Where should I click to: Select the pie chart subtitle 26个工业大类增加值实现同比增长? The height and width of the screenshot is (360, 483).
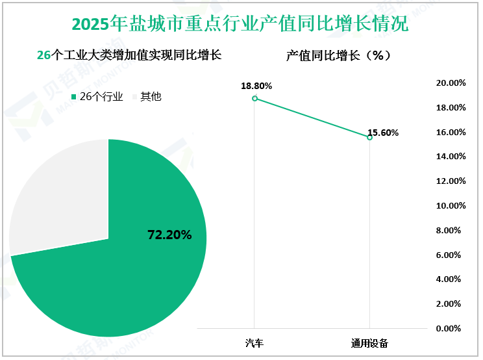coord(130,56)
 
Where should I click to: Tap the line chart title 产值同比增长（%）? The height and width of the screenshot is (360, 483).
coord(338,56)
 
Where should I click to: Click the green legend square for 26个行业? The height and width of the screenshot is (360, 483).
coord(73,97)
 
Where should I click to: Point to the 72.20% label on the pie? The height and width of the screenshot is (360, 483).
coord(170,235)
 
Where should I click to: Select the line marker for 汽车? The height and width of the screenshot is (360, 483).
coord(254,98)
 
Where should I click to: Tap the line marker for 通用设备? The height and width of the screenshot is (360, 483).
coord(369,137)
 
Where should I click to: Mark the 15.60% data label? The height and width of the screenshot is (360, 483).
coord(383,133)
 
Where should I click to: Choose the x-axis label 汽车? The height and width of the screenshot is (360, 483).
coord(254,342)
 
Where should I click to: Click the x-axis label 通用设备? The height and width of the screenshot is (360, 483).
coord(369,342)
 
